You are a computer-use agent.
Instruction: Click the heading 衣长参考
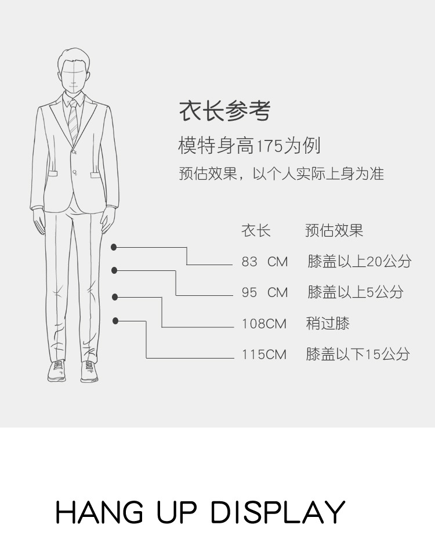224,110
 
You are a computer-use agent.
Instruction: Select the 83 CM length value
264,262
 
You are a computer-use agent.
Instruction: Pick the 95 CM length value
264,292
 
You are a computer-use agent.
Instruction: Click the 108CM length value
264,323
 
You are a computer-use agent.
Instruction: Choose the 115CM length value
264,354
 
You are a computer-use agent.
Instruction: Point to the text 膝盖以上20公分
359,262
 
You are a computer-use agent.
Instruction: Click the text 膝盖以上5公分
355,292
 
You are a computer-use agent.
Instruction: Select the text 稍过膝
328,323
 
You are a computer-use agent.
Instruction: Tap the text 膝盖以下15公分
358,354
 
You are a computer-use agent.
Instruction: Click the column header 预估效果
334,231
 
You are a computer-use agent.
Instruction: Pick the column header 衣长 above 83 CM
256,231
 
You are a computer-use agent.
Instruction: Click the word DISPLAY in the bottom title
277,512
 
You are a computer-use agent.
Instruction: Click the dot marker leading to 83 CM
114,247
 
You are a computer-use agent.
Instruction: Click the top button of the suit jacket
74,151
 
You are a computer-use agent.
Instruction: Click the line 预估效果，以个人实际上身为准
281,173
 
